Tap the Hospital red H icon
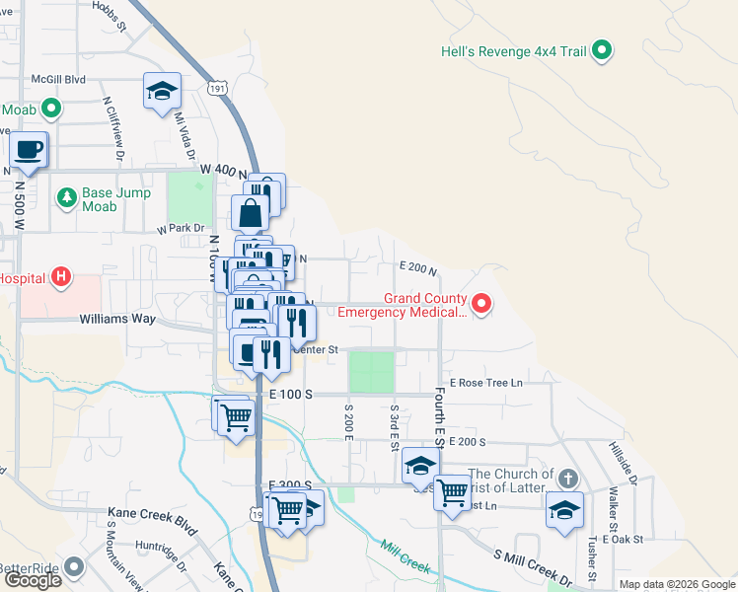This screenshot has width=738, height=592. pyautogui.click(x=61, y=278)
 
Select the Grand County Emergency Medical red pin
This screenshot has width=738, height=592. pyautogui.click(x=481, y=304)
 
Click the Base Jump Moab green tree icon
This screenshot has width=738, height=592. pyautogui.click(x=67, y=198)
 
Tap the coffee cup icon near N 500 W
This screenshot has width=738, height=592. pyautogui.click(x=28, y=151)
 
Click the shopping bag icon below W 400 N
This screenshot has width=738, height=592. pyautogui.click(x=251, y=212)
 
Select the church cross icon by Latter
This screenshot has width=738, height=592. pyautogui.click(x=566, y=480)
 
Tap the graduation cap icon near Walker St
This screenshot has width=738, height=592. pyautogui.click(x=565, y=510)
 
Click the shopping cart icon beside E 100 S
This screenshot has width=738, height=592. pyautogui.click(x=237, y=416)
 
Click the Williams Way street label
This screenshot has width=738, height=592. pyautogui.click(x=117, y=320)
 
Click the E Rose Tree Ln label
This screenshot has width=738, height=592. pyautogui.click(x=485, y=382)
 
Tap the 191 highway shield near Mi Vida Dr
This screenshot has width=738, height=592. pyautogui.click(x=219, y=89)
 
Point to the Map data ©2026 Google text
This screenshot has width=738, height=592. pyautogui.click(x=677, y=584)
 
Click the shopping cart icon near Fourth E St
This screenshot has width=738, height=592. pyautogui.click(x=452, y=490)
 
